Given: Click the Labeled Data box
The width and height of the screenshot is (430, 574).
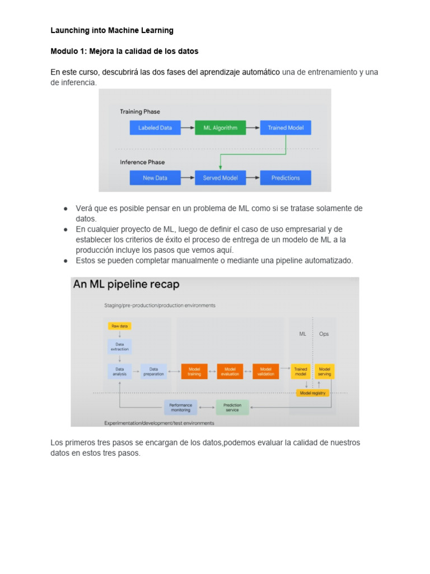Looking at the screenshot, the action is click(155, 128).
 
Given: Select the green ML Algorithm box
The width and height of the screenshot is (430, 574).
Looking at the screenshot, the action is click(220, 128).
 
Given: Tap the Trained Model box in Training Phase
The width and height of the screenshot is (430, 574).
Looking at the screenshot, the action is click(286, 128).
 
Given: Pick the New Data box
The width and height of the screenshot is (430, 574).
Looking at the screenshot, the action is click(155, 178).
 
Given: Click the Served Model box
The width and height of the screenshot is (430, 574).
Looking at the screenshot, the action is click(220, 178).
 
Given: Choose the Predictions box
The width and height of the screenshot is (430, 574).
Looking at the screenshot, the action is click(286, 178).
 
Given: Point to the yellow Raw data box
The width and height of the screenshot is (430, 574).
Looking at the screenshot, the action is click(119, 326).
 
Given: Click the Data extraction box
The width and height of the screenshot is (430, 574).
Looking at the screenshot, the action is click(119, 347).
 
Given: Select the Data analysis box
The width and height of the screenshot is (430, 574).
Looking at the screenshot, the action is click(119, 372).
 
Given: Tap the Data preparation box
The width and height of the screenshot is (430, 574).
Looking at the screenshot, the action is click(153, 372).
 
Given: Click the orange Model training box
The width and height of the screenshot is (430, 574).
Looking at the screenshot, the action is click(194, 372).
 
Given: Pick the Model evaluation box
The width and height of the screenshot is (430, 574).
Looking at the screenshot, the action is click(230, 372).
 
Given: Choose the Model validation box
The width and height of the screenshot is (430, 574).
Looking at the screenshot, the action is click(265, 372).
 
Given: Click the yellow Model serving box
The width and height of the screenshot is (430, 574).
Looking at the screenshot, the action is click(324, 372).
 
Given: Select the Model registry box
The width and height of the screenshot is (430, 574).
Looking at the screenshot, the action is click(312, 393).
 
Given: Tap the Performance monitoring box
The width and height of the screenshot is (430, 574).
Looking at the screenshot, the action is click(180, 408).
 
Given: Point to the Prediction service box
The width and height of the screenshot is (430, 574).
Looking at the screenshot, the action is click(232, 408).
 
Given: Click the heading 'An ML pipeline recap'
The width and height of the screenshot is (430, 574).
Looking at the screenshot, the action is click(127, 285).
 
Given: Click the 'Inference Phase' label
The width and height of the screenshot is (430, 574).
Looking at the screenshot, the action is click(142, 163).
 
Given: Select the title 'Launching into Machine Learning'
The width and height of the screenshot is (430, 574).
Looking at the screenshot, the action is click(112, 30).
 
